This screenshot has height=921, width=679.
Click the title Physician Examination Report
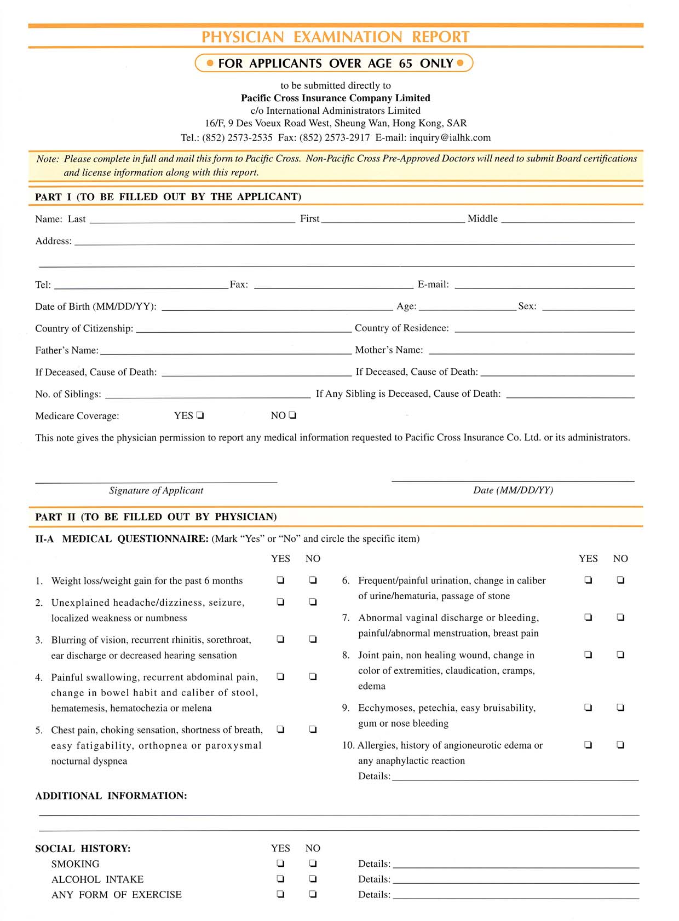(x=335, y=37)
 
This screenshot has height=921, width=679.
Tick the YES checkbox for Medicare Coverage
(x=200, y=415)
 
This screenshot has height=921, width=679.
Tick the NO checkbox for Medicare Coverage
(x=292, y=415)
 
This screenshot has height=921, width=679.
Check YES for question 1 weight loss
(x=280, y=580)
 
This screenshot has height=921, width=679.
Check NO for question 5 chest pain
(x=313, y=729)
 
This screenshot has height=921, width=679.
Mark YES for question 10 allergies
(x=588, y=745)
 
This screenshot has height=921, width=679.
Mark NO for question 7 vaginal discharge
(x=620, y=617)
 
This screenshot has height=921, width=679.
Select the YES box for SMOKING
(x=280, y=864)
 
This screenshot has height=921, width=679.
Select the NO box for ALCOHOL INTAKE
(x=313, y=879)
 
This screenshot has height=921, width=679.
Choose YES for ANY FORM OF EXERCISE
(x=280, y=894)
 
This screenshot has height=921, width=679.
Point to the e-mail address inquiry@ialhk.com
(x=450, y=137)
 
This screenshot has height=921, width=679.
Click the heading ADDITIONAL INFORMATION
(x=111, y=796)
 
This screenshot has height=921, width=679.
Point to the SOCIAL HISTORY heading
(x=83, y=849)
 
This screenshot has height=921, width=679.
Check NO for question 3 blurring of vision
(x=313, y=639)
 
